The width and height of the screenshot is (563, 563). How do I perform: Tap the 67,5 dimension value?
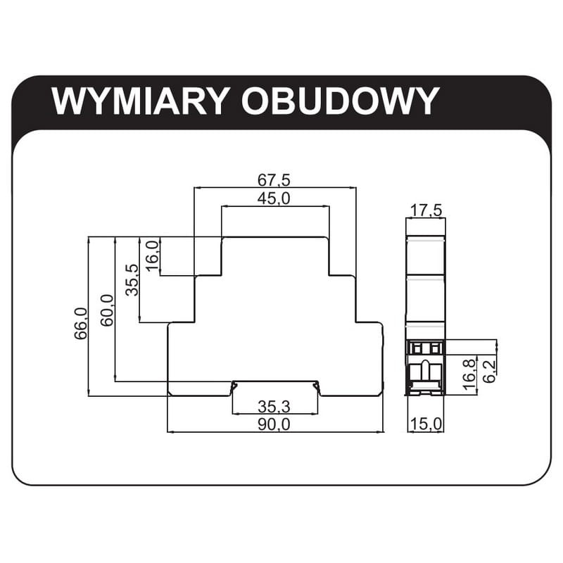tap(274, 179)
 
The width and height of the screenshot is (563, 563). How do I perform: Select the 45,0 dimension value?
tap(274, 198)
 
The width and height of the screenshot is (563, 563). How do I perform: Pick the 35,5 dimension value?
tap(132, 280)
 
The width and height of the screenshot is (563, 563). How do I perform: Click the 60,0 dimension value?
tap(106, 310)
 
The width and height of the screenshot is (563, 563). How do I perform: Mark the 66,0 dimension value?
tap(80, 324)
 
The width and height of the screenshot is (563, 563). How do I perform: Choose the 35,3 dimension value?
tap(274, 407)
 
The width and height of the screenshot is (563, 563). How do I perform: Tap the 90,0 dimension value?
tap(274, 424)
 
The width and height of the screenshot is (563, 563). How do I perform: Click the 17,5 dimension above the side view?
tap(426, 210)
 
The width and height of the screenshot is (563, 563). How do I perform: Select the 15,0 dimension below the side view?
tap(426, 424)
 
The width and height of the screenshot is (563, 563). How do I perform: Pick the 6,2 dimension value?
tap(490, 368)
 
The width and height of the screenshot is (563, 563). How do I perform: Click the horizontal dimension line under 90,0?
tap(211, 431)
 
